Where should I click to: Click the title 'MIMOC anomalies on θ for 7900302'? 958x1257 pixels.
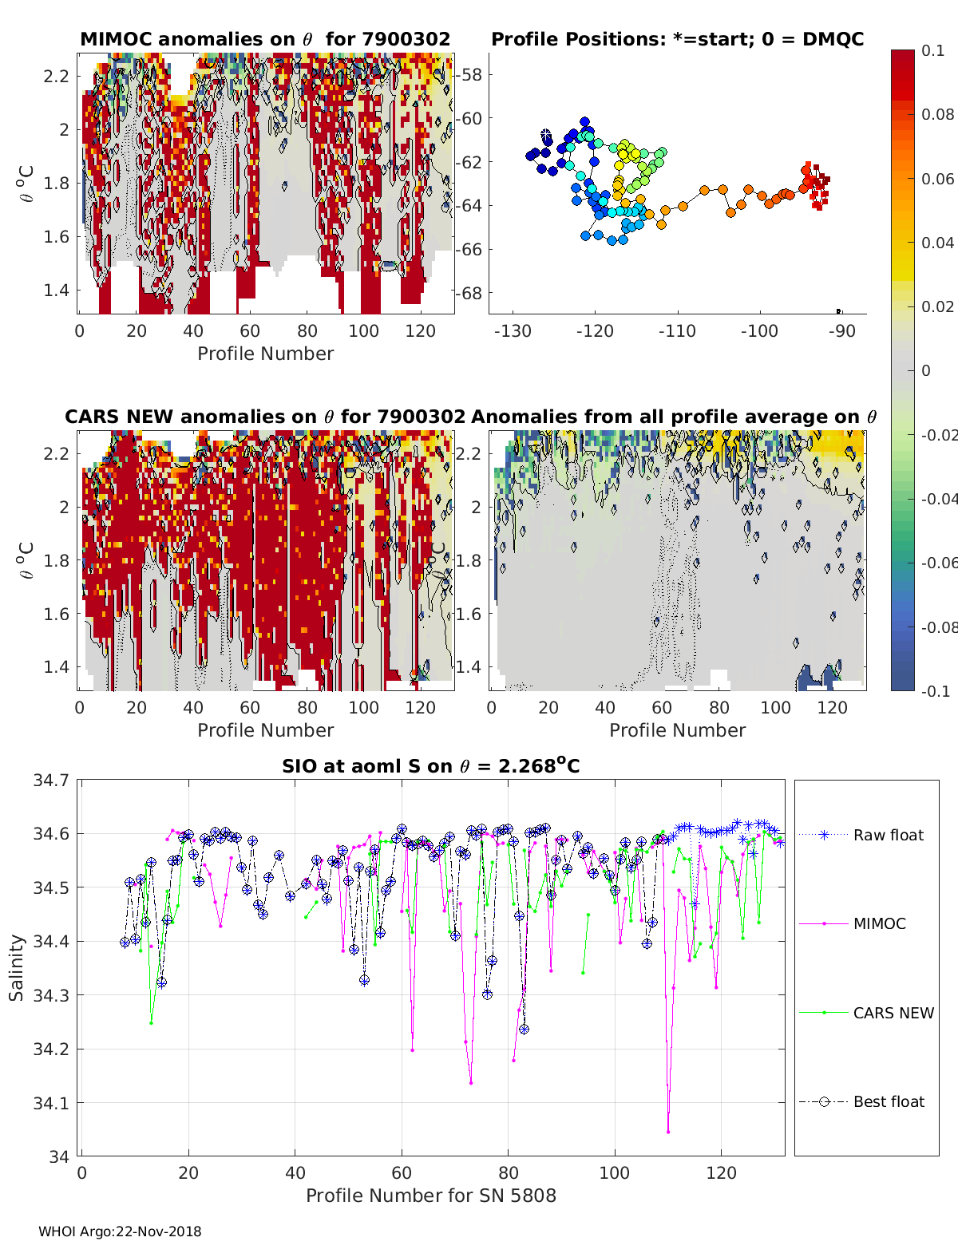pyautogui.click(x=265, y=39)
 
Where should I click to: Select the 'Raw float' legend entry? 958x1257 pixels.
pyautogui.click(x=888, y=835)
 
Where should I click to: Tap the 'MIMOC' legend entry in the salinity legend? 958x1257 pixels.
pyautogui.click(x=879, y=923)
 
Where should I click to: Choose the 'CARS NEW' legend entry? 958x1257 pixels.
pyautogui.click(x=893, y=1013)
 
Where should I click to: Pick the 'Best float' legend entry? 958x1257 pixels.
pyautogui.click(x=888, y=1101)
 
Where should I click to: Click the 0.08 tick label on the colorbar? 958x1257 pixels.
pyautogui.click(x=937, y=114)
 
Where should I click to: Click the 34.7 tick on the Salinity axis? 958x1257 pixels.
pyautogui.click(x=50, y=780)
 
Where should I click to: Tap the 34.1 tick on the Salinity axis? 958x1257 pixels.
pyautogui.click(x=50, y=1103)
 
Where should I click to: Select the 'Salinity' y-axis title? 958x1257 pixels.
pyautogui.click(x=17, y=967)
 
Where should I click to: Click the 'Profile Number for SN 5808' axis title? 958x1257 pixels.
pyautogui.click(x=430, y=1195)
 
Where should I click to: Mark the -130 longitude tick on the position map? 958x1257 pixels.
pyautogui.click(x=513, y=330)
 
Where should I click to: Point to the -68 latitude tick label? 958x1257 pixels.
pyautogui.click(x=469, y=293)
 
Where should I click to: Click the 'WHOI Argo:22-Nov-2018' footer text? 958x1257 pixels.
pyautogui.click(x=120, y=1231)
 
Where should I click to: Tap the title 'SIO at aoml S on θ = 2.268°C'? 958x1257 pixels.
pyautogui.click(x=430, y=766)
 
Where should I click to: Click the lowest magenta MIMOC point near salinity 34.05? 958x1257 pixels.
pyautogui.click(x=668, y=1131)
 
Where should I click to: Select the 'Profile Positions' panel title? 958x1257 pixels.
pyautogui.click(x=677, y=39)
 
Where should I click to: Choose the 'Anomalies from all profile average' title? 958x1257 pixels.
pyautogui.click(x=674, y=417)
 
